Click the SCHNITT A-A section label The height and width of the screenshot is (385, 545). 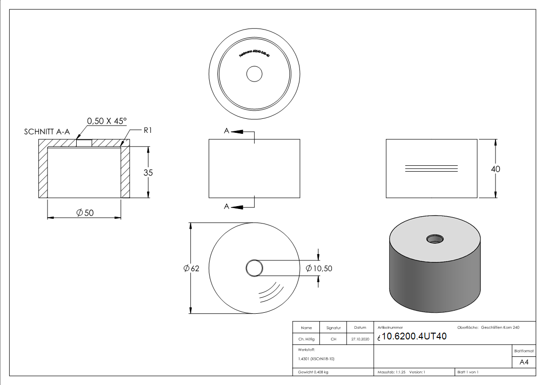(x=47, y=132)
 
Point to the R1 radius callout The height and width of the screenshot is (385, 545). (x=148, y=130)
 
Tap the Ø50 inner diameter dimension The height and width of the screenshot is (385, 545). (x=84, y=213)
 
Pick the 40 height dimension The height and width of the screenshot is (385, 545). (x=495, y=169)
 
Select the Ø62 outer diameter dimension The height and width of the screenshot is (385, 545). (x=192, y=269)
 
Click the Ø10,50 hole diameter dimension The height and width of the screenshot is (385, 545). (x=319, y=268)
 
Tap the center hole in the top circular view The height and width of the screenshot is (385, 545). (x=254, y=74)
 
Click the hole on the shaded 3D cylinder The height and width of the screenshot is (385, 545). (x=435, y=239)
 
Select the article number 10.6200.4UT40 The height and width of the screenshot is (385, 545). (x=414, y=337)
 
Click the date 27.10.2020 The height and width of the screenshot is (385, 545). (x=360, y=339)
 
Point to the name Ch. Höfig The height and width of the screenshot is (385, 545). (x=306, y=339)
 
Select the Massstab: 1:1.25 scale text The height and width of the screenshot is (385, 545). (x=392, y=372)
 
